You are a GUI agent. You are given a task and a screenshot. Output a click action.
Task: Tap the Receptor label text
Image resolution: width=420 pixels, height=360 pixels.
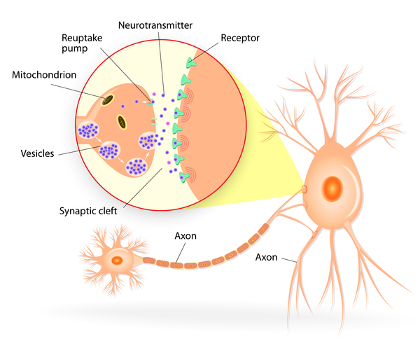[239, 37]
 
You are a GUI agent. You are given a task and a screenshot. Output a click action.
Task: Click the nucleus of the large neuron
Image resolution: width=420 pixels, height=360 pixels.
[332, 188]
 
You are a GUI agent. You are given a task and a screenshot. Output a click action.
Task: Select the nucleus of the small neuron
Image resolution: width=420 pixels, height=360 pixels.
[117, 261]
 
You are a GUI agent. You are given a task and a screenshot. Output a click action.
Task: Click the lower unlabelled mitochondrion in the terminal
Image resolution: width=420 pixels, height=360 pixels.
[122, 123]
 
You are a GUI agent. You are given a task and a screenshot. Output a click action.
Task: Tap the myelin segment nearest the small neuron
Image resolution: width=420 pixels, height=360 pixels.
[149, 261]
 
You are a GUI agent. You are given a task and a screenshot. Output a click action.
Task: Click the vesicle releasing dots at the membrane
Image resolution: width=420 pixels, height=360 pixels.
[149, 141]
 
